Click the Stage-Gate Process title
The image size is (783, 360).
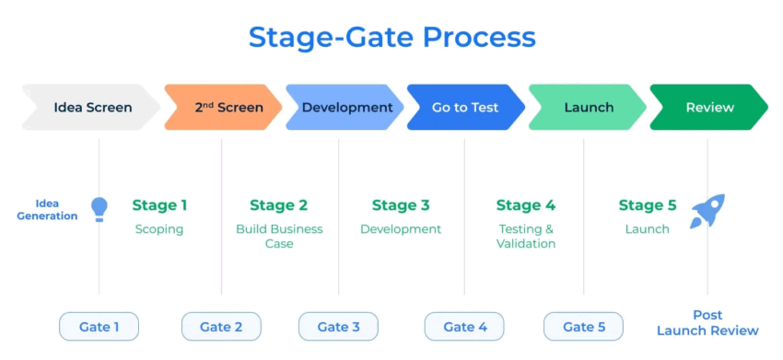(x=392, y=38)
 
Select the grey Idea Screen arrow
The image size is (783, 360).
(x=91, y=108)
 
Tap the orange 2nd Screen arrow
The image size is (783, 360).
(x=223, y=108)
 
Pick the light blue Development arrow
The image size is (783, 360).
(x=345, y=108)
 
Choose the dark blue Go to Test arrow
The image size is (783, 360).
(x=466, y=108)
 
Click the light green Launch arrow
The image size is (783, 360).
(x=588, y=108)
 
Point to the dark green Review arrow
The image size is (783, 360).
(x=709, y=108)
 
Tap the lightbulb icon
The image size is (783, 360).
(x=99, y=209)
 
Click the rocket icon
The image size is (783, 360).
(x=707, y=211)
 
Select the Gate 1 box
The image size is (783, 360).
(x=99, y=327)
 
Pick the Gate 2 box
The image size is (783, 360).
(x=221, y=327)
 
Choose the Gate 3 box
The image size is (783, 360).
(x=339, y=327)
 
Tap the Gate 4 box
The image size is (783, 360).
(x=464, y=327)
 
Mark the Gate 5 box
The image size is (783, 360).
(x=583, y=327)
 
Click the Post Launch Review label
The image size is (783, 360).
(x=707, y=322)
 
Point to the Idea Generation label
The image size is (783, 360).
(x=47, y=210)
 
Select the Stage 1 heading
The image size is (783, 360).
(x=159, y=205)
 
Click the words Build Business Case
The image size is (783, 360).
(x=279, y=237)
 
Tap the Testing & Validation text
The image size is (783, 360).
(x=526, y=237)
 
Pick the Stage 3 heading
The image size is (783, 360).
(x=401, y=205)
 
